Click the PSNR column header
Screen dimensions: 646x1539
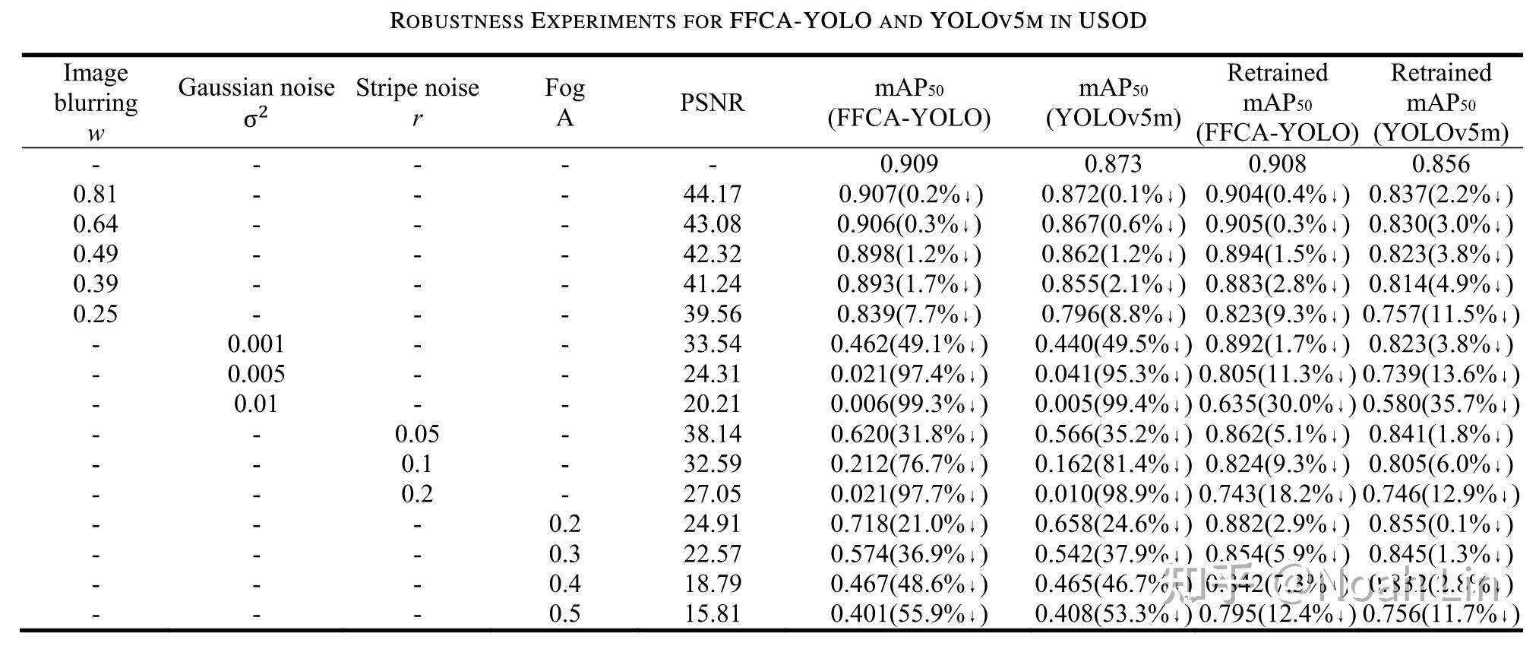click(712, 103)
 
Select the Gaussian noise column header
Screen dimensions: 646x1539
click(256, 102)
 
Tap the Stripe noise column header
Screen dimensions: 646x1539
click(417, 102)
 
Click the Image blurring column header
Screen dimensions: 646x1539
click(96, 102)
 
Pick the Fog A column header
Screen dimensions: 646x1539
click(564, 102)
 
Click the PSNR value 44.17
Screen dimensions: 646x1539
click(712, 195)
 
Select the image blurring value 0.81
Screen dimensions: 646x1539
click(96, 195)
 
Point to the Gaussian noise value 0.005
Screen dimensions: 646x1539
click(256, 374)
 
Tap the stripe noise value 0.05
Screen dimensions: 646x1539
click(417, 434)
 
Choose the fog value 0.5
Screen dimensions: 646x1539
click(564, 613)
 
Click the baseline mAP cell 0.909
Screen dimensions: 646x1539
click(909, 164)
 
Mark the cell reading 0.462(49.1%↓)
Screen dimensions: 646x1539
click(909, 344)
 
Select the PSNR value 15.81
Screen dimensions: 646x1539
click(712, 613)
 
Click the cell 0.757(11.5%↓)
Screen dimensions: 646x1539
click(1440, 314)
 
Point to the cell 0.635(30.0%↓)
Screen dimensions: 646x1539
click(1277, 404)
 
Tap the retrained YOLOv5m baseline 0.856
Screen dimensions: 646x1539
click(1440, 164)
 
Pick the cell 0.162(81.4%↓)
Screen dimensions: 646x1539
click(1113, 464)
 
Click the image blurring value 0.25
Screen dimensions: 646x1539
click(96, 314)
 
